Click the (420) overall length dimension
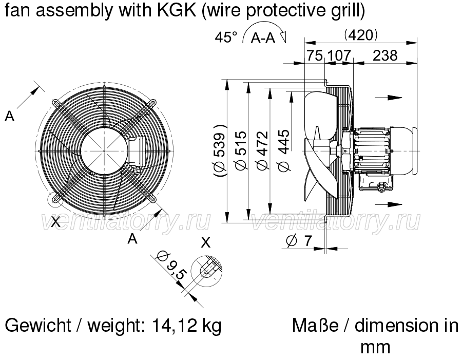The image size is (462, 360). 361,35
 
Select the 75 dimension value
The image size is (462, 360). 315,55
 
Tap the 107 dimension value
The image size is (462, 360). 339,55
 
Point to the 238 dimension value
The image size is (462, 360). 386,55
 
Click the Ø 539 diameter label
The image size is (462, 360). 220,151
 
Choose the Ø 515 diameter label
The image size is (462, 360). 241,151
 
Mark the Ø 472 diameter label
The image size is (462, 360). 263,151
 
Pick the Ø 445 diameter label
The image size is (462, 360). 284,151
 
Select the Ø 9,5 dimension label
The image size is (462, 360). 171,266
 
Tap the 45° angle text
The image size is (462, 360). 226,37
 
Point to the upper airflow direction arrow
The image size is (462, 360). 389,98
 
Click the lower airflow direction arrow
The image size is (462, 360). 389,204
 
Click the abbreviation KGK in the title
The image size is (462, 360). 177,11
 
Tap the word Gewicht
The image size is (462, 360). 38,326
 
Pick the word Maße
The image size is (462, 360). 315,326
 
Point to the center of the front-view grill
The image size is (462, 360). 104,150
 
